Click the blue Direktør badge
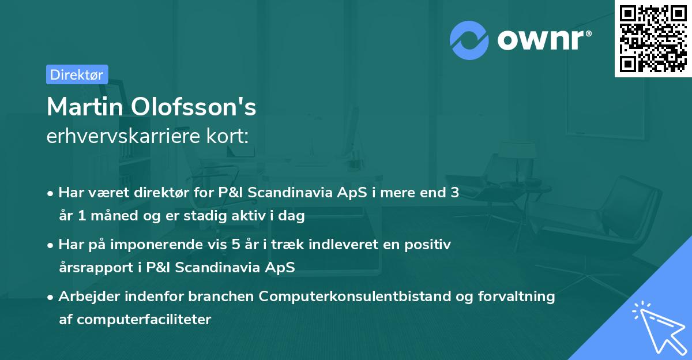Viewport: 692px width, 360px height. point(77,74)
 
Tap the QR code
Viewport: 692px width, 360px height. point(653,38)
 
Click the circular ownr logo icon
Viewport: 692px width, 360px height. point(469,40)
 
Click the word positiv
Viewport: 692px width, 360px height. point(430,244)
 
